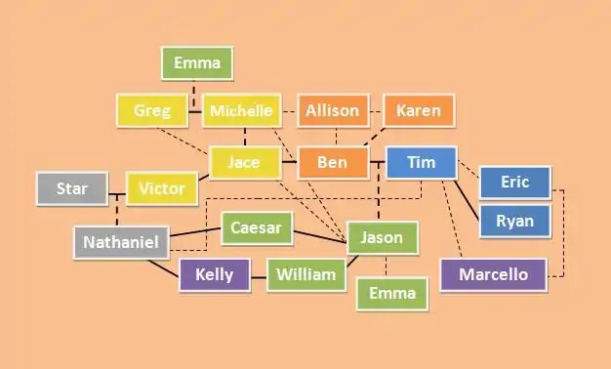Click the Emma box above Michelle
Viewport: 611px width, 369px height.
197,63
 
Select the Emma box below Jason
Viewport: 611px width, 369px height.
392,294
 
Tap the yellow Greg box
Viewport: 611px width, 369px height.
152,110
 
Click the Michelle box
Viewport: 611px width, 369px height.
242,110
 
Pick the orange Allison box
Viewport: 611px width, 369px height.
333,110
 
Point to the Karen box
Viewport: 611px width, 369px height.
419,110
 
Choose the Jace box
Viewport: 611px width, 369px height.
245,162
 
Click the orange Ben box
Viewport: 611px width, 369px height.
333,162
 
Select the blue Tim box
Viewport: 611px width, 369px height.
422,162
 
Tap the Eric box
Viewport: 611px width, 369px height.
515,183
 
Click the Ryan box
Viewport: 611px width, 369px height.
515,221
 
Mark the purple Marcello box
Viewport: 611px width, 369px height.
494,274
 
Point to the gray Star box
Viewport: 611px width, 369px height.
72,188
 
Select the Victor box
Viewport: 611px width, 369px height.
162,188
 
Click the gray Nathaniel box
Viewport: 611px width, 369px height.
122,242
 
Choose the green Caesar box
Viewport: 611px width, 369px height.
257,228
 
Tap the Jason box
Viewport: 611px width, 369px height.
383,237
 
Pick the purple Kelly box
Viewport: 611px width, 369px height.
215,274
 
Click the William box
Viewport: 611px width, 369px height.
306,274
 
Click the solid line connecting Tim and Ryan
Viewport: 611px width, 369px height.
467,200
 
